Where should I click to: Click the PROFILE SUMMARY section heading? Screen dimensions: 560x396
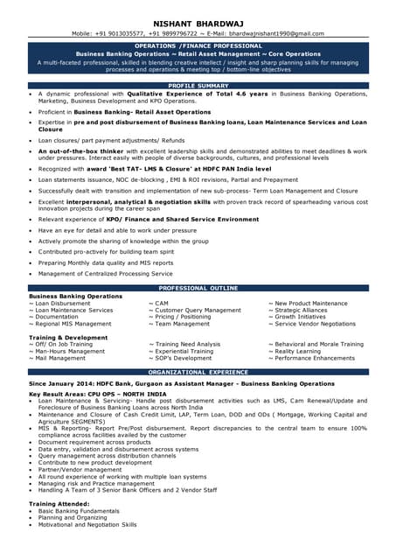198,85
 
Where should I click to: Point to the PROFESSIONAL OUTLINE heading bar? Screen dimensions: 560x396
198,288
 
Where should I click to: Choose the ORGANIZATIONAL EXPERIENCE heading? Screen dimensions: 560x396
198,372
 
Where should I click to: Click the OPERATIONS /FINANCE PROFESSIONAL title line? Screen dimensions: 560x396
198,45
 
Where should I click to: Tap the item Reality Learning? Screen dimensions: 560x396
299,351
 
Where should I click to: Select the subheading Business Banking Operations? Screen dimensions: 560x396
75,297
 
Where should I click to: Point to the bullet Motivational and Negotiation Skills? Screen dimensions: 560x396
87,525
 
